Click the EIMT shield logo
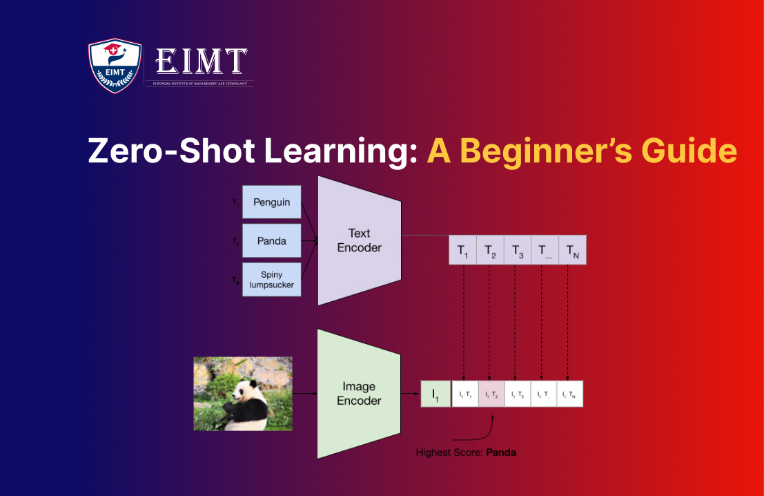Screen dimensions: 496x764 [115, 66]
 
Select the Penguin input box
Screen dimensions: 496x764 [271, 202]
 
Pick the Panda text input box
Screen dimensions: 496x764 [271, 241]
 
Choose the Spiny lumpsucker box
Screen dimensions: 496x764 [271, 280]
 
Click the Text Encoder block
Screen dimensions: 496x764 [359, 240]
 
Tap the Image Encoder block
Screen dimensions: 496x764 [359, 394]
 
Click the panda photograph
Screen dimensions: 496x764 [243, 394]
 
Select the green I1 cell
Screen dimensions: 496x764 [435, 394]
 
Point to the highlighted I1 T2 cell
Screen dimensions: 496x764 [491, 394]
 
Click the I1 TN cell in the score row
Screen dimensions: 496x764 [570, 394]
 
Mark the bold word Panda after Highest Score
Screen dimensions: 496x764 [500, 453]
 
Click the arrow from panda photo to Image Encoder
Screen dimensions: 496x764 [304, 394]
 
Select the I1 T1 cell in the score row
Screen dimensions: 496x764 [464, 394]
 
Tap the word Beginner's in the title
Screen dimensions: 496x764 [538, 151]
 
